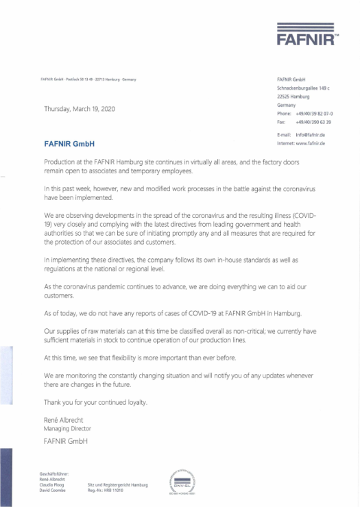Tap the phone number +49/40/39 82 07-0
point(313,114)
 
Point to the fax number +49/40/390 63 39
point(313,121)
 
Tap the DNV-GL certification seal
point(181,481)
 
